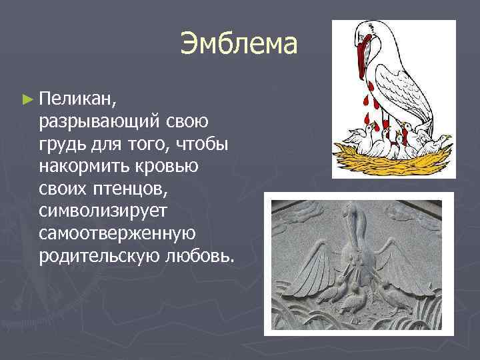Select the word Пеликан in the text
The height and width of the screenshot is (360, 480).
[x=78, y=99]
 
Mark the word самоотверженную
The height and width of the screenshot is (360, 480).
[x=117, y=233]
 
